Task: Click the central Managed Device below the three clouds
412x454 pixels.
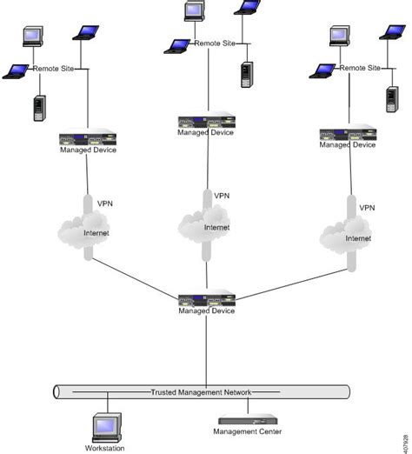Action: (x=206, y=299)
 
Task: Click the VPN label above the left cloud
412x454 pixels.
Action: (x=104, y=203)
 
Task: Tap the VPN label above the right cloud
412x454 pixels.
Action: (x=367, y=208)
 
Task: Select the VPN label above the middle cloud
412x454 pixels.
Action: (x=223, y=196)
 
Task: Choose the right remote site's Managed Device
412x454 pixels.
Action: (x=347, y=135)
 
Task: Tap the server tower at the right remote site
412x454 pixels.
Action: (x=392, y=98)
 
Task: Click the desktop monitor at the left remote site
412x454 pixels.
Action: (x=34, y=37)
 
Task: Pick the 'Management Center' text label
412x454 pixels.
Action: (x=249, y=431)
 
